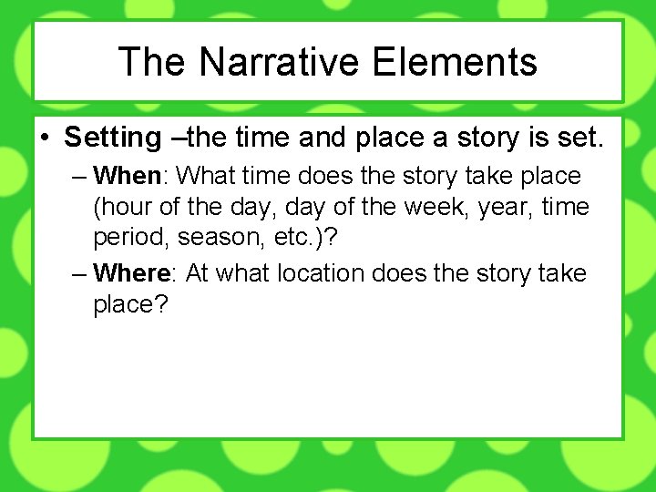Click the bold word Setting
112,138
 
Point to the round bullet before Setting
45,138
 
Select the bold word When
127,175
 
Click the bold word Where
131,272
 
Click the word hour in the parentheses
122,208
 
